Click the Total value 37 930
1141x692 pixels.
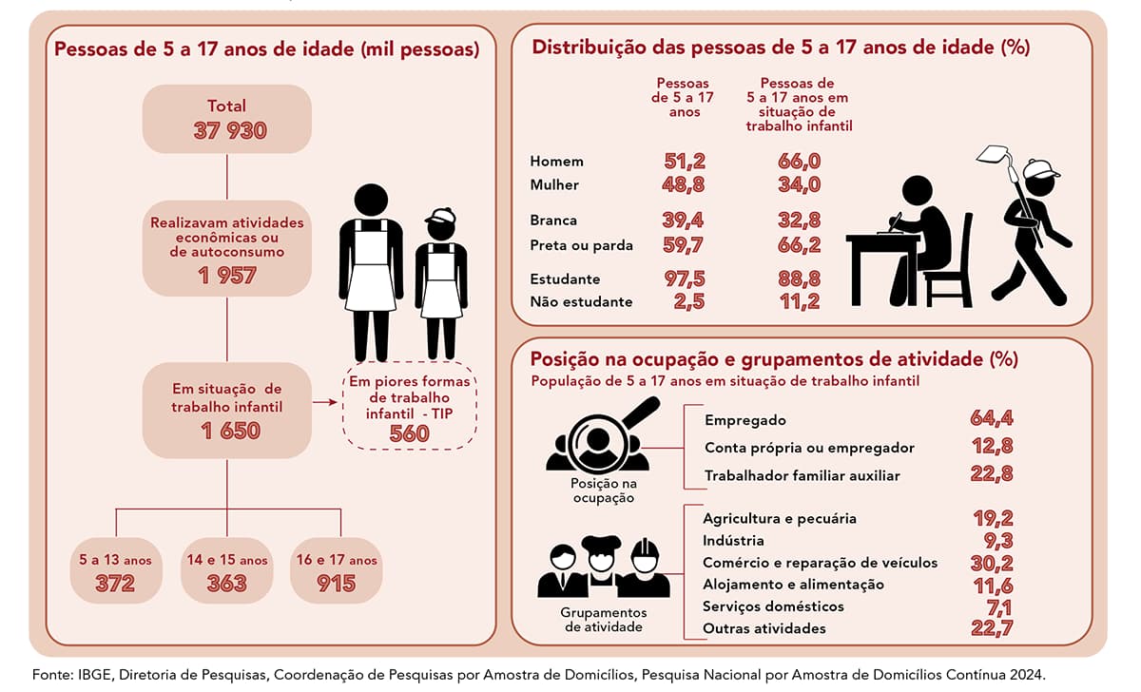(226, 131)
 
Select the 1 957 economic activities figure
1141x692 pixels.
(226, 275)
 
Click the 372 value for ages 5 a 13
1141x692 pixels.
(115, 583)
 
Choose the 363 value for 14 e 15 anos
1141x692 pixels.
(226, 583)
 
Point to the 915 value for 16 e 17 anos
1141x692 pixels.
(337, 583)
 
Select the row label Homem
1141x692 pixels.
(556, 162)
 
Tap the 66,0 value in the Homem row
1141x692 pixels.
(799, 162)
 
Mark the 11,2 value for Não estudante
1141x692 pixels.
(799, 302)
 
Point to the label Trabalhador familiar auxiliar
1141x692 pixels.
(802, 475)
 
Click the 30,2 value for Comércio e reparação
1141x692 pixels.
(992, 562)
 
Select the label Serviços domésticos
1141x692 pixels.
(773, 606)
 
